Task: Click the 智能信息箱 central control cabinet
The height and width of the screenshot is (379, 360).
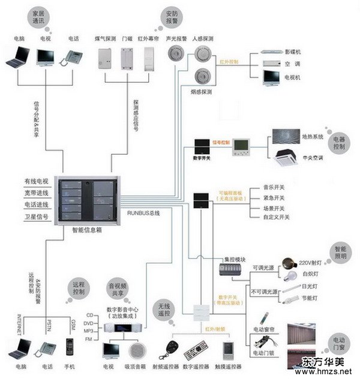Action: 88,200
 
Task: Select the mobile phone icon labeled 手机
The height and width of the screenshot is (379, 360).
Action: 70,346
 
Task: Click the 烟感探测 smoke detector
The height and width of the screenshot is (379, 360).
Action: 202,77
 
